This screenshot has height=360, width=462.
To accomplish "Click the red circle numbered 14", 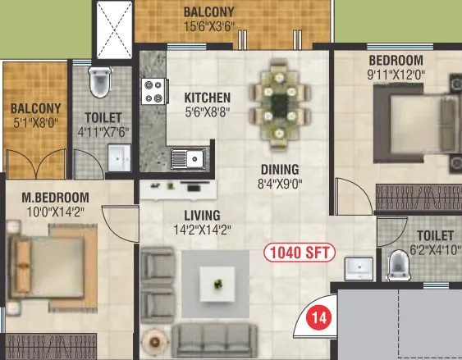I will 318,316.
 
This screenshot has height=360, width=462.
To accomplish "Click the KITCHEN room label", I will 201,97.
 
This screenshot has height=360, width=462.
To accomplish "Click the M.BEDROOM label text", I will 55,198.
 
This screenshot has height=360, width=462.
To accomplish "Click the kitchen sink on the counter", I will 186,157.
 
